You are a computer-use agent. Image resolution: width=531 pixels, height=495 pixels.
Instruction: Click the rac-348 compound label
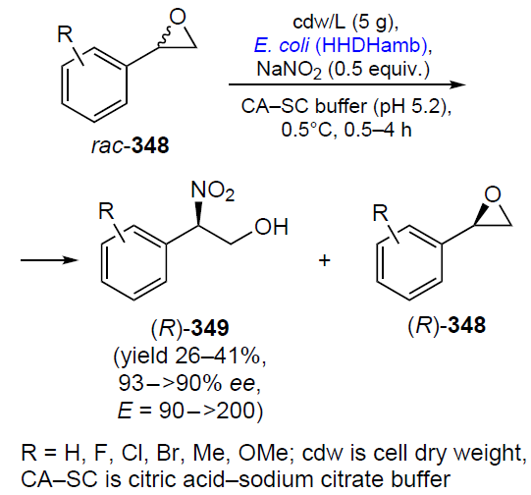(x=131, y=145)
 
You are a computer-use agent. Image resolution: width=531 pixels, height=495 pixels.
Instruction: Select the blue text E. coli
(x=282, y=45)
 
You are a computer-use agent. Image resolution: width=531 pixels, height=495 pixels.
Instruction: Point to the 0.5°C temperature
(x=307, y=130)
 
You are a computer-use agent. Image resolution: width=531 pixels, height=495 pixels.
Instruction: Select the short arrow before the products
(x=49, y=260)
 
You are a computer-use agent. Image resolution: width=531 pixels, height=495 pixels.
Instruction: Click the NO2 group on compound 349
(x=213, y=191)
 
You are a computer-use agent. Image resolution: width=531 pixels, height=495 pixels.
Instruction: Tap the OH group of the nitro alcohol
(x=272, y=227)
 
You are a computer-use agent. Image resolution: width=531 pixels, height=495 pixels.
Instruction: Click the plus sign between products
(x=325, y=260)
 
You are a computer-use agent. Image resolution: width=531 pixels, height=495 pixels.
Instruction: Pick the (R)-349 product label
(x=190, y=328)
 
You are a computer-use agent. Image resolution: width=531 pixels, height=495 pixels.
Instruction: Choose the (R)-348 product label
(x=447, y=325)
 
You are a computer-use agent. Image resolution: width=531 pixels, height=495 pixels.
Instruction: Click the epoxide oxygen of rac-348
(x=178, y=17)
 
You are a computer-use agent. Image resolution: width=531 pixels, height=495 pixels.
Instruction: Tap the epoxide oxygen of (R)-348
(x=493, y=194)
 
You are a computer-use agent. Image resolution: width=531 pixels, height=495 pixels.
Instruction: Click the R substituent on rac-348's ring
(x=66, y=33)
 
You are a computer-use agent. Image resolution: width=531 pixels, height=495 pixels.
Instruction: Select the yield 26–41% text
(x=190, y=357)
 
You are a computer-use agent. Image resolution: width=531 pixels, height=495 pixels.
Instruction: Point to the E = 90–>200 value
(x=190, y=411)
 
